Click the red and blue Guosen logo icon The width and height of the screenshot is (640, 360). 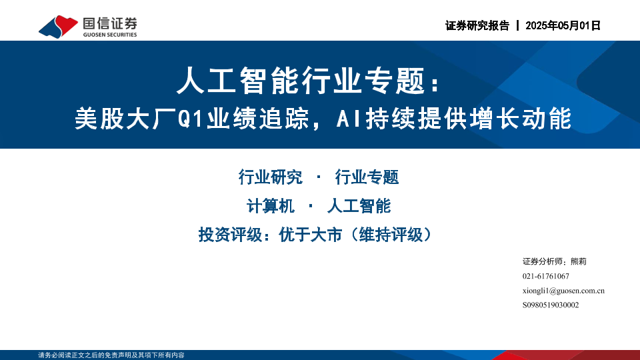(58, 27)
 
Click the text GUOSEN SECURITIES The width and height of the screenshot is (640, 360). (110, 35)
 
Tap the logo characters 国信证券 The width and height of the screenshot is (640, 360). (110, 24)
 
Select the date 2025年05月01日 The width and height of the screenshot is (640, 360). (563, 26)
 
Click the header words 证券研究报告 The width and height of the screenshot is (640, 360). (477, 26)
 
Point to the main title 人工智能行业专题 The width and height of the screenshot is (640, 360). (301, 81)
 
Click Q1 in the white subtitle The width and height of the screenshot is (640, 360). (191, 119)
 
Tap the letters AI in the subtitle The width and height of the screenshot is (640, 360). (349, 119)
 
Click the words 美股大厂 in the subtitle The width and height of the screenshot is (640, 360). (126, 119)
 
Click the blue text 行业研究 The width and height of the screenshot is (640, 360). (270, 177)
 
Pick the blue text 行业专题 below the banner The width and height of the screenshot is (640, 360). (367, 177)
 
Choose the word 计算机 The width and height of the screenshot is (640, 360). (270, 206)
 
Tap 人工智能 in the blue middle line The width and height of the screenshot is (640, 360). (359, 206)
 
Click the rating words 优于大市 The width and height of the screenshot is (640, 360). (310, 235)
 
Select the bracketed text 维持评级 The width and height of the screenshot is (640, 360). (391, 235)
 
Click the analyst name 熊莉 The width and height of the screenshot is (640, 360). (579, 261)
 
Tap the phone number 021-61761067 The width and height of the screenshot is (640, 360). (546, 276)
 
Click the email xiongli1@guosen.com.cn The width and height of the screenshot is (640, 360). (563, 291)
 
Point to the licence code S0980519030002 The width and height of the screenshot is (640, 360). (551, 305)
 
